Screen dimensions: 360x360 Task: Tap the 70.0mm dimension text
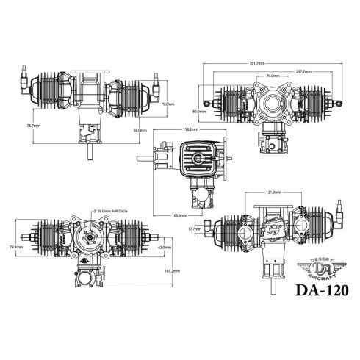coord(272,76)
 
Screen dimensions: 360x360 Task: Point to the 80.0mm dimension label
coord(199,111)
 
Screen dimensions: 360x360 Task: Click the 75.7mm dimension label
coord(32,126)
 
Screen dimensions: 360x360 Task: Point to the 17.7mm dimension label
coord(195,230)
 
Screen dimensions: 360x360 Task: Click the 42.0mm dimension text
coord(166,247)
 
